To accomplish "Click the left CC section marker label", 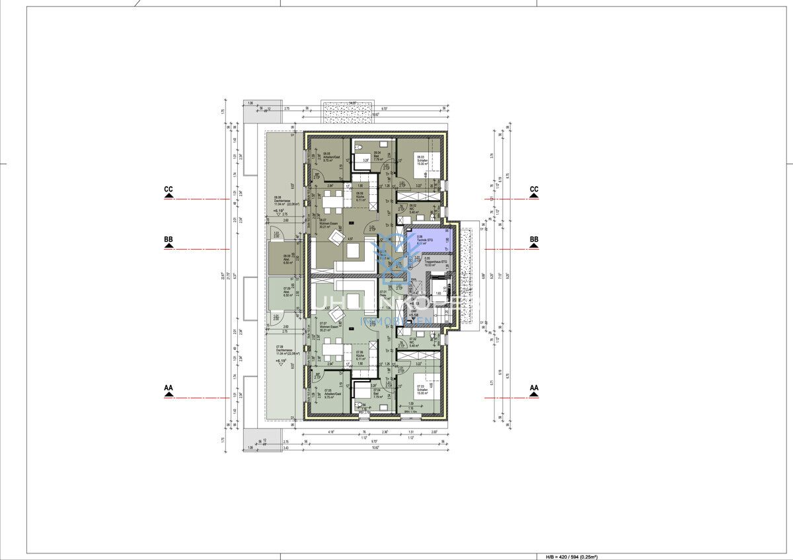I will [169, 190].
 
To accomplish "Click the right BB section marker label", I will [534, 239].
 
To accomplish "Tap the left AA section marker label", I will [169, 388].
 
